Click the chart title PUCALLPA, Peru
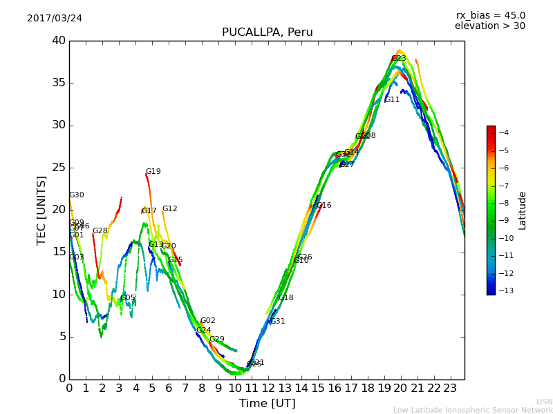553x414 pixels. [x=267, y=32]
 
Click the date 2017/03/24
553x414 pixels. [x=55, y=18]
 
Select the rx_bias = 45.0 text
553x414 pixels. [x=490, y=15]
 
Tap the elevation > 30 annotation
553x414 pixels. [x=490, y=26]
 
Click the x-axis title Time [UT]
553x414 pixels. [x=267, y=404]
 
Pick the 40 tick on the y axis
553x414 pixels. [x=59, y=41]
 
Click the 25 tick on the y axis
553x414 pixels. [x=59, y=168]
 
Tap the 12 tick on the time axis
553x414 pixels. [x=268, y=388]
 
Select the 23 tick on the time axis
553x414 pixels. [x=450, y=388]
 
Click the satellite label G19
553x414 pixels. [x=153, y=172]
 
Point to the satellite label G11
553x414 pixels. [x=393, y=100]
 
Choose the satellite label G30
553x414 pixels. [x=76, y=195]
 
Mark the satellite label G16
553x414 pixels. [x=324, y=206]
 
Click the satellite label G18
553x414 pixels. [x=286, y=298]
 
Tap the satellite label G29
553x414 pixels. [x=217, y=339]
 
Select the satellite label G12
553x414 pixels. [x=169, y=209]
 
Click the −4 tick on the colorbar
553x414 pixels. [x=504, y=133]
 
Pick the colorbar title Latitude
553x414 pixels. [x=523, y=210]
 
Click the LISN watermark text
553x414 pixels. [x=544, y=402]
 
